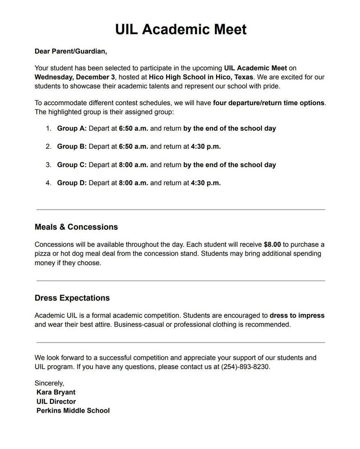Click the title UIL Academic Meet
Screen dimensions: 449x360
coord(181,29)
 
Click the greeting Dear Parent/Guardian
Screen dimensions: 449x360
coord(71,51)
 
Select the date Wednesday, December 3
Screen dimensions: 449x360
coord(75,77)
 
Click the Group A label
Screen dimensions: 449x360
coord(71,128)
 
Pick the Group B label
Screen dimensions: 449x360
coord(71,146)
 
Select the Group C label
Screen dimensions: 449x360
coord(71,165)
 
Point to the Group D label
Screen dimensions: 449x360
coord(71,183)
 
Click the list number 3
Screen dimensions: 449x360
coord(48,165)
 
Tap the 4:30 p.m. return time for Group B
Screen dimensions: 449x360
coord(206,146)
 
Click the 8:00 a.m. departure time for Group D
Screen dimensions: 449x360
coord(133,183)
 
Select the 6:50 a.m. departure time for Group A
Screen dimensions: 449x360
coord(133,128)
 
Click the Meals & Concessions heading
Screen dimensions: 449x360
coord(76,227)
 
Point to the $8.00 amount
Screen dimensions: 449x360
coord(272,245)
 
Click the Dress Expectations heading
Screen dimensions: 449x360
coord(72,298)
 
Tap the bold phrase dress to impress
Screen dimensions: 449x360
coord(297,316)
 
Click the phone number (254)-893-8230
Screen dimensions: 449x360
coord(245,367)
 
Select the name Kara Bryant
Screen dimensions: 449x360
coord(56,392)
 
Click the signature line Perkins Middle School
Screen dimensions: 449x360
coord(73,411)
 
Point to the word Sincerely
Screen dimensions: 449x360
coord(49,383)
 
